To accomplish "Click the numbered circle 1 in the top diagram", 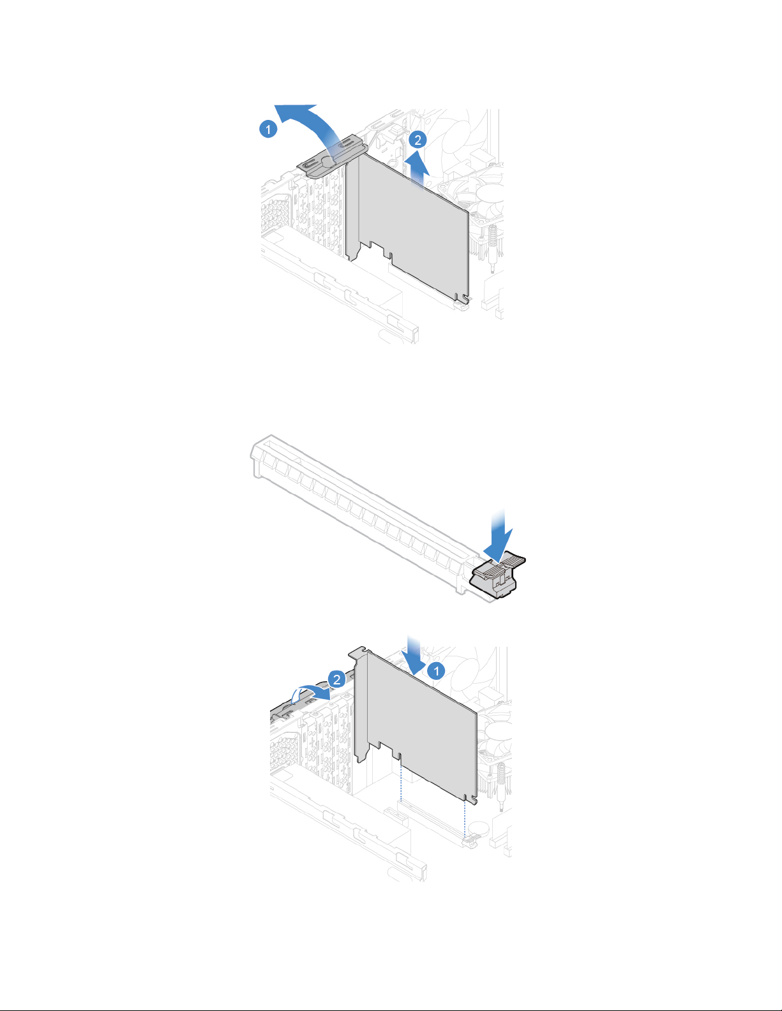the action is click(x=268, y=128).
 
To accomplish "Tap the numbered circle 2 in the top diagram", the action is click(x=417, y=140).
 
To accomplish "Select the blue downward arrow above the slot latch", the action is click(x=499, y=536).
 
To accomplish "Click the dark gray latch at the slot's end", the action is click(x=497, y=575).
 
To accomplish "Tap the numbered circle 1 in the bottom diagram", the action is click(x=436, y=671).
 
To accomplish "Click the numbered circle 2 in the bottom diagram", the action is click(x=337, y=679).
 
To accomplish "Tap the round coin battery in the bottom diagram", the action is click(x=479, y=827).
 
